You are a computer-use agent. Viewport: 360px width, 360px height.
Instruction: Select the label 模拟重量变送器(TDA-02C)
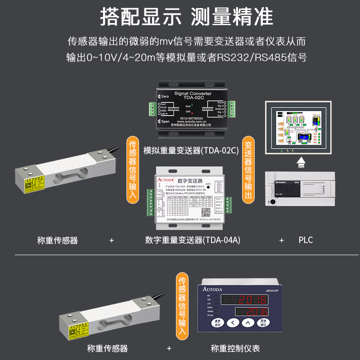tap(191, 150)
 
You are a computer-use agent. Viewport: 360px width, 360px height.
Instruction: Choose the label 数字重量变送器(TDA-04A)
tap(193, 240)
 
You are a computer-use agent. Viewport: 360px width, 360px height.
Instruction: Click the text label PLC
tap(306, 240)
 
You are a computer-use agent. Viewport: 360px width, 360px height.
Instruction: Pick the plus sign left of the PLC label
tap(282, 240)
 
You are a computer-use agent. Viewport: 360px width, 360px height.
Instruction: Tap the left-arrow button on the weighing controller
tap(232, 323)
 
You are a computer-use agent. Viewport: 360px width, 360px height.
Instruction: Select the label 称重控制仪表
tap(235, 348)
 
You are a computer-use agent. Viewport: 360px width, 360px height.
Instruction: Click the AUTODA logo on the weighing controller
tap(212, 289)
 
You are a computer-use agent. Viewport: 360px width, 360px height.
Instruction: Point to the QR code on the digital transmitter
tap(206, 211)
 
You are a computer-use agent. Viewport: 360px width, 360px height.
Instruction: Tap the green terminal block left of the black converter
tap(154, 108)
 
